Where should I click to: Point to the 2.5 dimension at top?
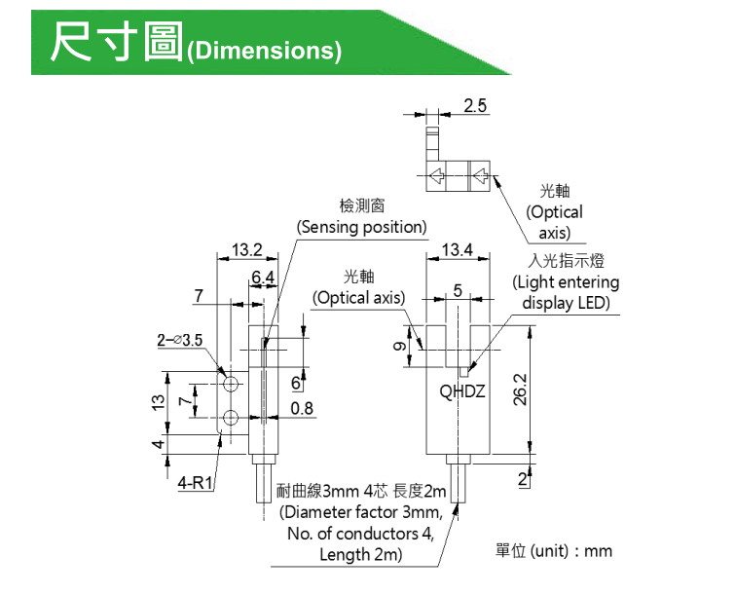pos(475,105)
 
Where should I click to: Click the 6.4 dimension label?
pos(262,278)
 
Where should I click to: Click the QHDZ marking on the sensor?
pos(462,392)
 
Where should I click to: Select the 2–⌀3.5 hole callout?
pos(179,342)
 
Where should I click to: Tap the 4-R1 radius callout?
pos(196,482)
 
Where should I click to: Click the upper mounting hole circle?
pos(232,376)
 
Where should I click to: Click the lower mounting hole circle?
pos(232,420)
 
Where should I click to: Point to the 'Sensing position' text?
pos(362,227)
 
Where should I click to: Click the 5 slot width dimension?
pos(457,289)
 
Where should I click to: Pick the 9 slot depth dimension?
pos(399,349)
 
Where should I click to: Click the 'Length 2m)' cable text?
pos(360,555)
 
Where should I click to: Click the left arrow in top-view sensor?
pos(437,176)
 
